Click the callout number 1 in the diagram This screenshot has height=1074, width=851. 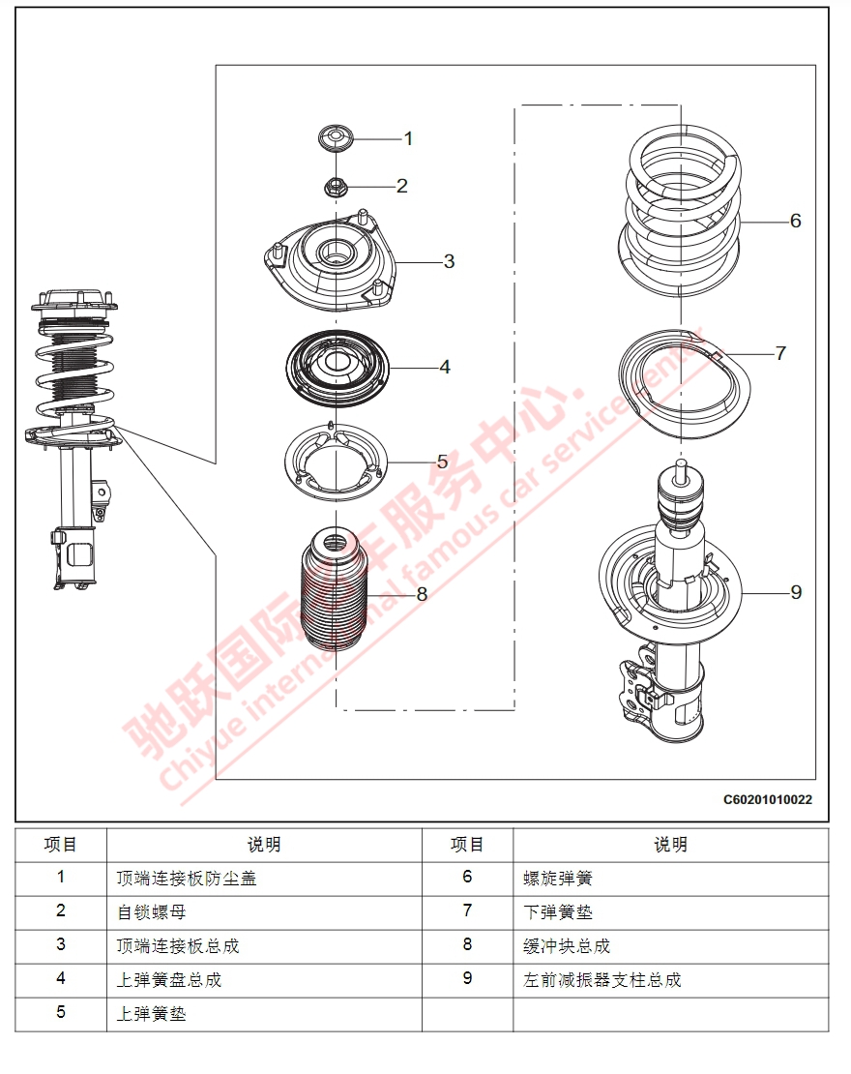pyautogui.click(x=408, y=138)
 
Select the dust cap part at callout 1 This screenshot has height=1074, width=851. pyautogui.click(x=336, y=138)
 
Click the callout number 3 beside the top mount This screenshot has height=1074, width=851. pyautogui.click(x=449, y=261)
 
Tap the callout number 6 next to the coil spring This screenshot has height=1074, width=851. pyautogui.click(x=795, y=221)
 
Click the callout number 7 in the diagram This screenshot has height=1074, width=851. pyautogui.click(x=780, y=353)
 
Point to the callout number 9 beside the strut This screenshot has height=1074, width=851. pyautogui.click(x=796, y=591)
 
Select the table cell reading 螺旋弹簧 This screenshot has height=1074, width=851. pyautogui.click(x=557, y=879)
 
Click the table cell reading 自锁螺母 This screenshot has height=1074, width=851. pyautogui.click(x=151, y=912)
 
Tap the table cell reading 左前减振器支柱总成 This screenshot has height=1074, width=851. pyautogui.click(x=602, y=980)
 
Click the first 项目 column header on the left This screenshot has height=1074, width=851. pyautogui.click(x=61, y=845)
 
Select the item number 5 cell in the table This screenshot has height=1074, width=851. pyautogui.click(x=61, y=1013)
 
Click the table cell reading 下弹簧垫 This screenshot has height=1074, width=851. pyautogui.click(x=557, y=912)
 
